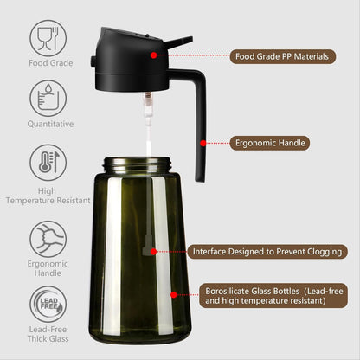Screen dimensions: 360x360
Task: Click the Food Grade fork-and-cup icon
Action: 48,38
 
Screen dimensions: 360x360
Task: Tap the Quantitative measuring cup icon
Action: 48,98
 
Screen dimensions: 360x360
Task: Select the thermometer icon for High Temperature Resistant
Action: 48,163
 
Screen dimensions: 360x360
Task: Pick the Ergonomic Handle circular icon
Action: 48,239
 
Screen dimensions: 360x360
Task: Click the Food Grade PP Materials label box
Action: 281,56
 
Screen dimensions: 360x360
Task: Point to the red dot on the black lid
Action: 153,55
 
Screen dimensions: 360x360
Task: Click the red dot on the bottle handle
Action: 203,142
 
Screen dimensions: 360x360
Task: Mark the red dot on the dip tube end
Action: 154,251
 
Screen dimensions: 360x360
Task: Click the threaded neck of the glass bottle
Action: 145,164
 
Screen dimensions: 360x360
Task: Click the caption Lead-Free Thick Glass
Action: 48,335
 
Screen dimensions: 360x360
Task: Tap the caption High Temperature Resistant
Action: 48,196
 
